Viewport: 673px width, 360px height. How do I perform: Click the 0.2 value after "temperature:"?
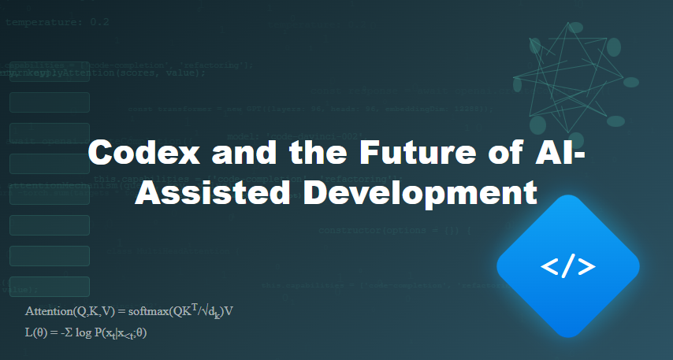(x=99, y=22)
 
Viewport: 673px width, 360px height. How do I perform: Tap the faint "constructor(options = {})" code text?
(x=394, y=231)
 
